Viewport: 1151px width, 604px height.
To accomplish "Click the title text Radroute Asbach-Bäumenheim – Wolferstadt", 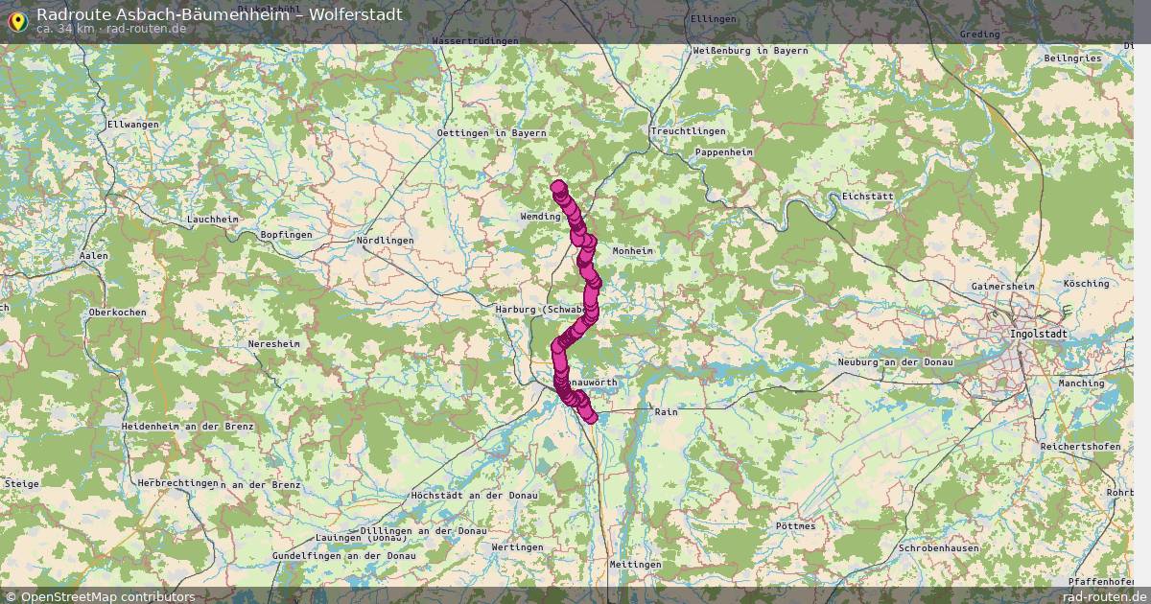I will coord(219,13).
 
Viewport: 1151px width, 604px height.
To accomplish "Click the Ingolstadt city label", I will coord(1037,334).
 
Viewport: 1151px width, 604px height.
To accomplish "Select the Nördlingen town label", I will coord(384,240).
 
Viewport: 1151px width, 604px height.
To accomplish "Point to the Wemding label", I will coord(540,217).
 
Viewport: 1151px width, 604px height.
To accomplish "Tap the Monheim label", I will coord(632,250).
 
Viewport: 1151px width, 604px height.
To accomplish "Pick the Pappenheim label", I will coord(723,152).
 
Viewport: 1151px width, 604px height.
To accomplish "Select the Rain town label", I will coord(665,411).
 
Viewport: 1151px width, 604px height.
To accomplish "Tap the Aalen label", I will coord(93,256).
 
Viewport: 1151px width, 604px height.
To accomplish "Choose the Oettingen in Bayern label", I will coord(491,132).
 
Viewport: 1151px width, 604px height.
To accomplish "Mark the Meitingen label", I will coord(634,565).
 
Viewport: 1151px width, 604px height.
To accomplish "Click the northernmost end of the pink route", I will coord(558,187).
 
